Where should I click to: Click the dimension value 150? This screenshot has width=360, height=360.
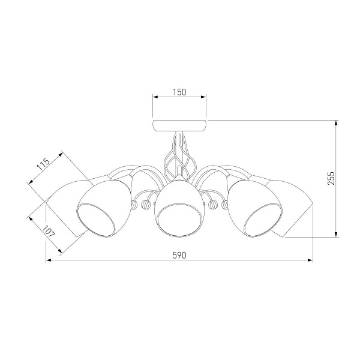coord(179,92)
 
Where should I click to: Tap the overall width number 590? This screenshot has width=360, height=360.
coord(179,255)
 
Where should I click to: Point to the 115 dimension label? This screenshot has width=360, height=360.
coord(43,164)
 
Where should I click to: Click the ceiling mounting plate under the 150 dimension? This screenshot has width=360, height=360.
coord(179,125)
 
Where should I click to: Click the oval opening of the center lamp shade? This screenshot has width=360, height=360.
coord(179,217)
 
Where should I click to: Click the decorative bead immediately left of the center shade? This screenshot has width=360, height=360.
coord(145,205)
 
